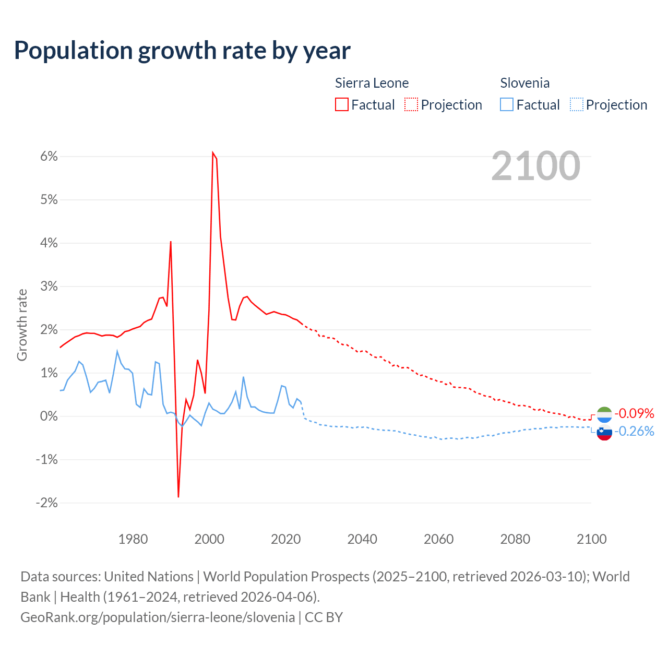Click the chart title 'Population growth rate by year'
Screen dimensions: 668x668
point(182,51)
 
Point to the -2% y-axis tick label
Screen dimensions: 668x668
point(46,503)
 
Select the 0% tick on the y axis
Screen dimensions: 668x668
point(47,416)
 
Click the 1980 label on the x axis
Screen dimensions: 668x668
point(133,539)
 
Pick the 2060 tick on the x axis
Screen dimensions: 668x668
point(438,539)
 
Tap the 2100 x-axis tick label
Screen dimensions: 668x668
point(591,539)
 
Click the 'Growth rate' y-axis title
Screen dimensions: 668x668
point(22,325)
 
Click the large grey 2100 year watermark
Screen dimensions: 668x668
point(535,166)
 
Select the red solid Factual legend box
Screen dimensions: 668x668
point(342,105)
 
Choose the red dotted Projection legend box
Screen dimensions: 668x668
point(411,105)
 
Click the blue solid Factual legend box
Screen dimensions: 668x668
point(507,105)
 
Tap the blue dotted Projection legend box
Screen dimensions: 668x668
point(576,105)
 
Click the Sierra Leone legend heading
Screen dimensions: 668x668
point(372,83)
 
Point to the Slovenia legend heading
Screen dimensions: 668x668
point(524,83)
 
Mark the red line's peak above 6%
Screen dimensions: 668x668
point(213,152)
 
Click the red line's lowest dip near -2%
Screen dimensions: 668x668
point(178,496)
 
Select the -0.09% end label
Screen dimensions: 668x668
point(634,414)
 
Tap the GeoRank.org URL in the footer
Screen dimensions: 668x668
point(158,617)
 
